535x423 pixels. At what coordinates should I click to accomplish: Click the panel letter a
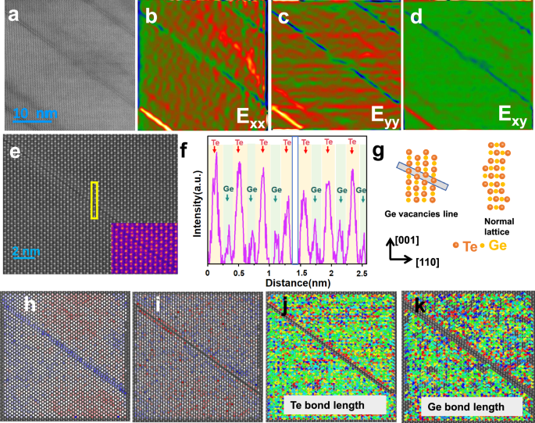(x=13, y=16)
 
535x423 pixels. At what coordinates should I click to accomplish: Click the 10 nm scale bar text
(x=36, y=115)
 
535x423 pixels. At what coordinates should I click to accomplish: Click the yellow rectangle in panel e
(x=95, y=200)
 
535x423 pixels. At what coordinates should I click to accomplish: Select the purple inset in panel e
(x=144, y=248)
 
